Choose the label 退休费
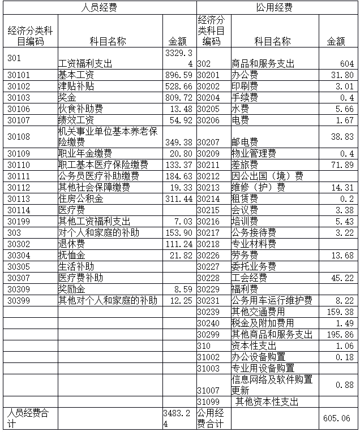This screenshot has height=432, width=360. click(72, 244)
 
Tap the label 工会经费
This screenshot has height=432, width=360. click(249, 278)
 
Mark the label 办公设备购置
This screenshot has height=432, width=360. click(258, 357)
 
